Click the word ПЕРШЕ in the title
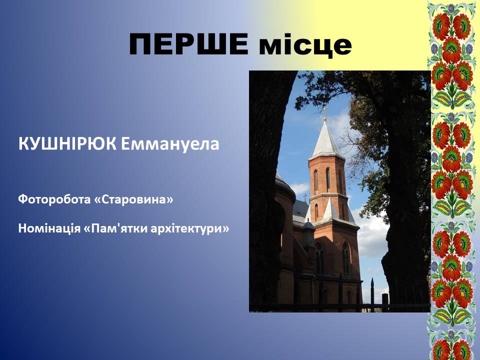click(188, 44)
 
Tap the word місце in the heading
click(305, 45)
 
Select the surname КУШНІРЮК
click(67, 143)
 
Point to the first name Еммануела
click(170, 144)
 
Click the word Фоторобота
click(54, 199)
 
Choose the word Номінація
click(49, 228)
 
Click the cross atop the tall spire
click(325, 111)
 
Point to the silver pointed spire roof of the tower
click(325, 139)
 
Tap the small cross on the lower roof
click(305, 197)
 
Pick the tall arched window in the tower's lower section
click(345, 257)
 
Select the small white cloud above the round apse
click(299, 188)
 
